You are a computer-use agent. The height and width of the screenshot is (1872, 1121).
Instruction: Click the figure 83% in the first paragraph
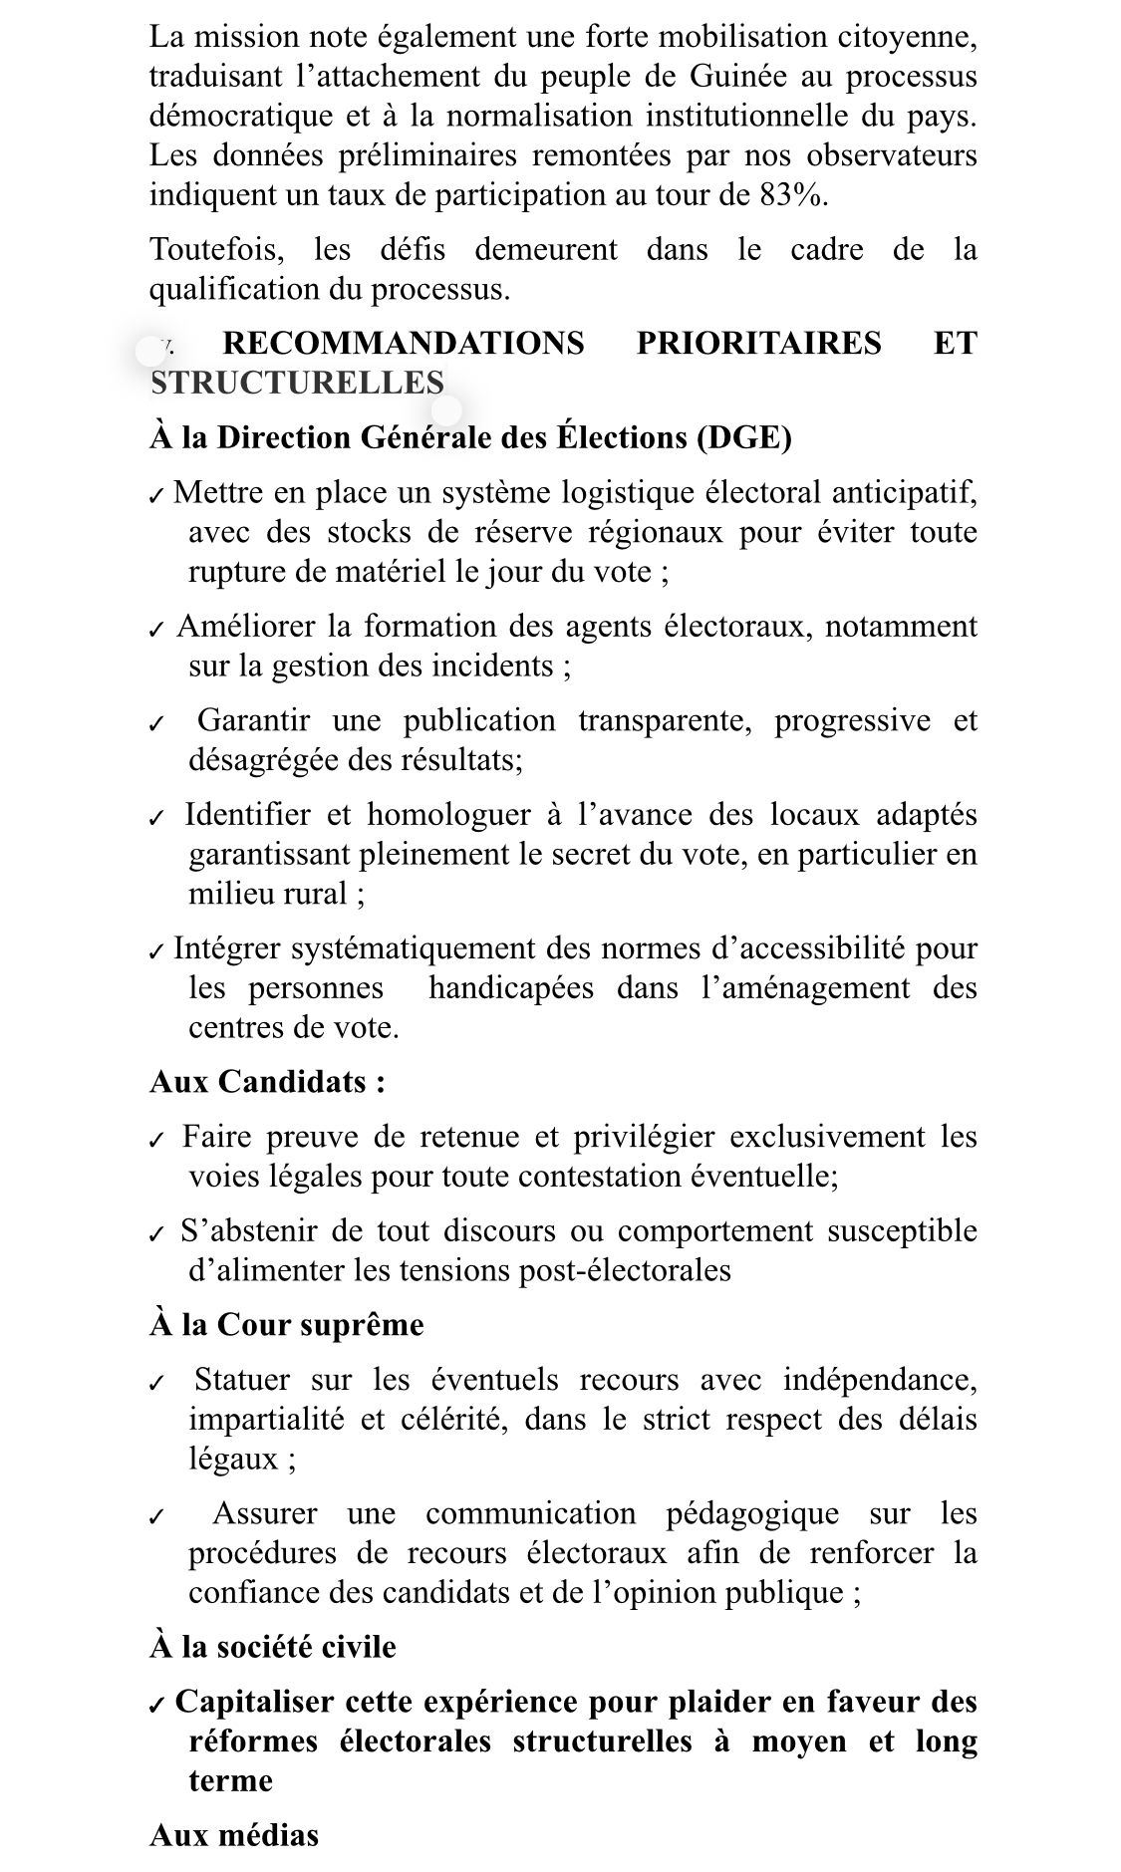(x=792, y=194)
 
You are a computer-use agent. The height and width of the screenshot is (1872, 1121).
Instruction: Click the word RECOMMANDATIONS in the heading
(x=403, y=343)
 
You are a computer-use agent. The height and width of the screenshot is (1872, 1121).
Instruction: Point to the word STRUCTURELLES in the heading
(x=297, y=383)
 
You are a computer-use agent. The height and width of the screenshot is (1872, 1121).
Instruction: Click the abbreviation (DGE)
(x=743, y=437)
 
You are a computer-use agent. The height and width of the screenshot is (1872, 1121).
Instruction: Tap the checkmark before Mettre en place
(x=155, y=495)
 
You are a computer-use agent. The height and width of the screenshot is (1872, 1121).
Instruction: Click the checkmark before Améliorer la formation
(x=155, y=630)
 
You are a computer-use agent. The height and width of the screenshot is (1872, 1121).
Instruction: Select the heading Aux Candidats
(x=267, y=1082)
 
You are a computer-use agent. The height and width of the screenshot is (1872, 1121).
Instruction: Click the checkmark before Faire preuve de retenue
(x=155, y=1140)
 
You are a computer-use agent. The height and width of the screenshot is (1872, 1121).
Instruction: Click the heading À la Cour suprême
(x=287, y=1325)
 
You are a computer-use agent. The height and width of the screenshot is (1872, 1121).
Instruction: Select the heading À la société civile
(x=273, y=1647)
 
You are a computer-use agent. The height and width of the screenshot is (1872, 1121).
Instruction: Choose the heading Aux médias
(x=234, y=1835)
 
